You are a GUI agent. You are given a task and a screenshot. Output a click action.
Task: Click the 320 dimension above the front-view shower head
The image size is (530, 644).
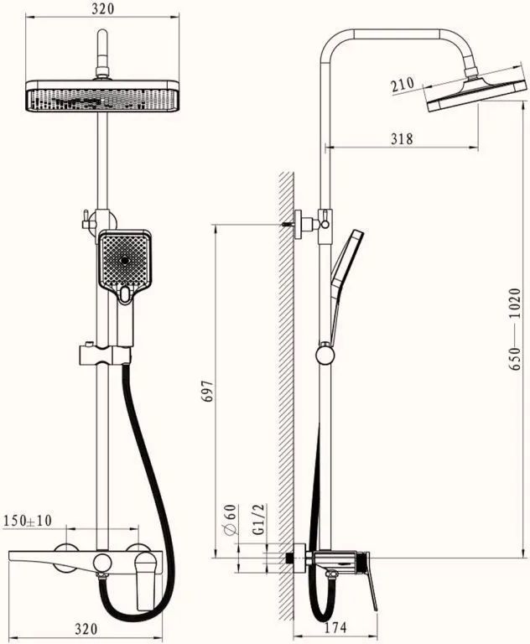tap(102, 8)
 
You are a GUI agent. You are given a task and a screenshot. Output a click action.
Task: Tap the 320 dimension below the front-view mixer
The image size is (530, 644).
tap(86, 628)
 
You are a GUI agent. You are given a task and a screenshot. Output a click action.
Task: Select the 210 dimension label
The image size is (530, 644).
tap(403, 85)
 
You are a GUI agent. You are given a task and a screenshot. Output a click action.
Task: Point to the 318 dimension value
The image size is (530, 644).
tap(402, 139)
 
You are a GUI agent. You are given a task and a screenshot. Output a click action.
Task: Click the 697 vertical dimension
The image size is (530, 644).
tap(208, 391)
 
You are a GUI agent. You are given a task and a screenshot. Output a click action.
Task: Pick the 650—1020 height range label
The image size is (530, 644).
tap(514, 330)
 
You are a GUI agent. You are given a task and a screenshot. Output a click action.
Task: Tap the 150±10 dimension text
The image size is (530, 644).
tap(28, 521)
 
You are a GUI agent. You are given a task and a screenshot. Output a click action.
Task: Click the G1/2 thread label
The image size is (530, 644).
tap(259, 519)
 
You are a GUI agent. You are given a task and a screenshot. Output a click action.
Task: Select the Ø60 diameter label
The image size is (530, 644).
tap(231, 520)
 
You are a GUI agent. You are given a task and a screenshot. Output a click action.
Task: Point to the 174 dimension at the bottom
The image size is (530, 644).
tap(335, 627)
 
